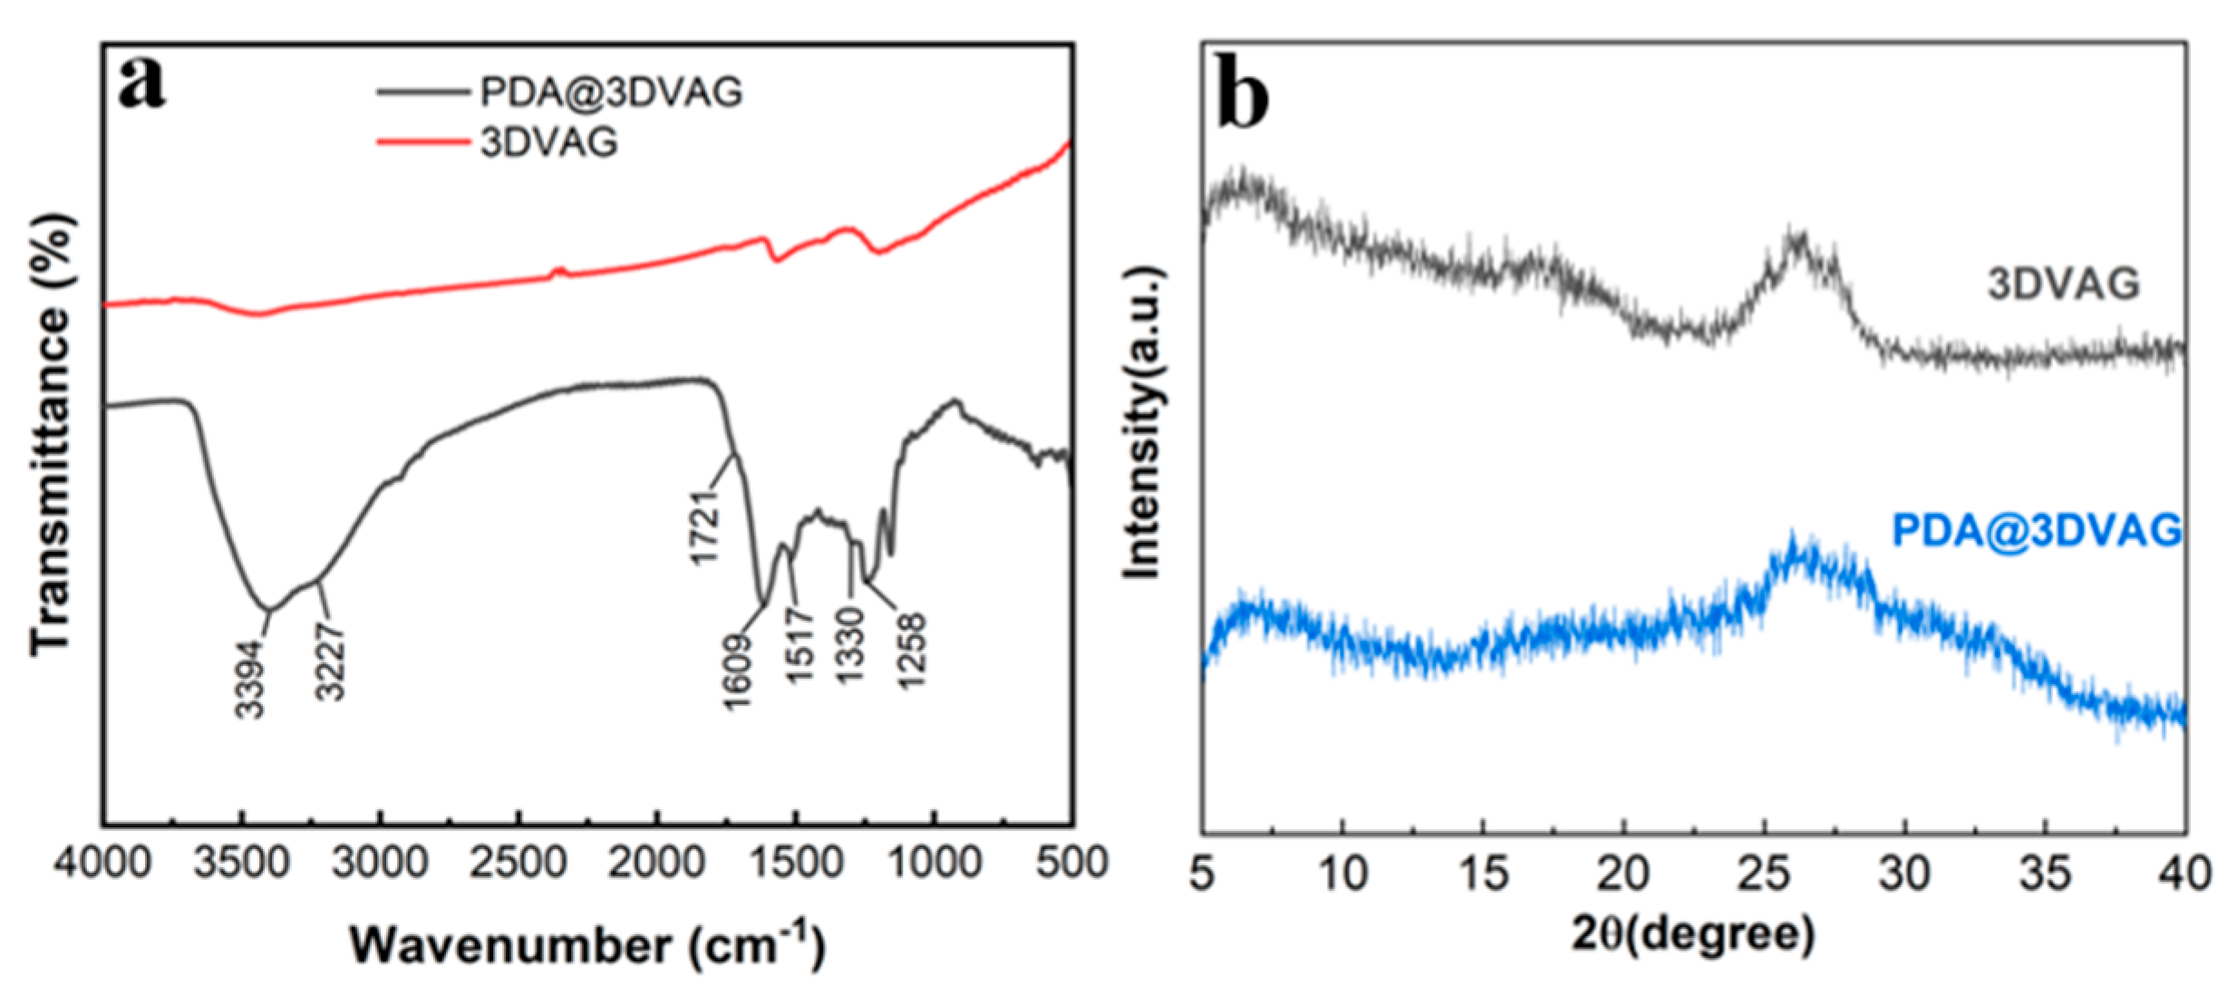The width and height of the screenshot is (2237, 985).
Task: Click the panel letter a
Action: tap(142, 83)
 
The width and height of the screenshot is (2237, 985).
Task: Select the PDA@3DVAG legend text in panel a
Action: tap(611, 92)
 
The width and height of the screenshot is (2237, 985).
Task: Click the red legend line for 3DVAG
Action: tap(422, 141)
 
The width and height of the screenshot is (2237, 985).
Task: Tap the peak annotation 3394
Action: tap(249, 679)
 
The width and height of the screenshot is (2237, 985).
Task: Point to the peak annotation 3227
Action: tap(330, 661)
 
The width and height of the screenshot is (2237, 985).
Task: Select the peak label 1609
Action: tap(739, 671)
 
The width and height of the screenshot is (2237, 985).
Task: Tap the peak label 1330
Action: tap(850, 645)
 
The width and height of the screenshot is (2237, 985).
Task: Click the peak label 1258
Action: tap(911, 650)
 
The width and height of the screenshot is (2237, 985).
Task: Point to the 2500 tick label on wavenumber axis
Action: tap(518, 862)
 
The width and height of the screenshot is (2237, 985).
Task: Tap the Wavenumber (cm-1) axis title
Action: tap(587, 945)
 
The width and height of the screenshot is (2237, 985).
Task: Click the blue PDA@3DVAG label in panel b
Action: tap(2036, 530)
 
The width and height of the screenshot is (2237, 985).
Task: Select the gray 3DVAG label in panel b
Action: tap(2063, 285)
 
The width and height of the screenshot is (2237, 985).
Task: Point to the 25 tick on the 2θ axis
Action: tap(1765, 874)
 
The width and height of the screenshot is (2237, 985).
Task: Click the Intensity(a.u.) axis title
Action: tap(1142, 422)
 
